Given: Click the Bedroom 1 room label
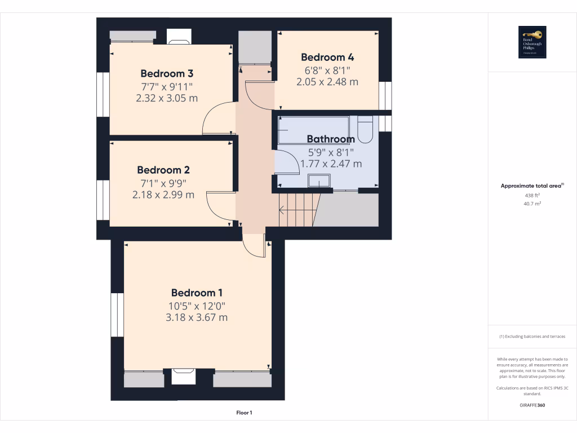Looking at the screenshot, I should point(197,293).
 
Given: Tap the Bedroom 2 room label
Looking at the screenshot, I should point(163,170).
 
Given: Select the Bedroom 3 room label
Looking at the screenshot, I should point(166,73).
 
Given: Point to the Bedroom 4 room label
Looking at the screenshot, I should point(327,57).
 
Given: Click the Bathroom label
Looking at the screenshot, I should point(331,139).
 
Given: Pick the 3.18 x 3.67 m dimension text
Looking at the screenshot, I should point(197,317).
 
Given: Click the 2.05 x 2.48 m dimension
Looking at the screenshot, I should point(327,82).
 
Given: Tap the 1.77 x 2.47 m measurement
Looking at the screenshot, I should point(331,164).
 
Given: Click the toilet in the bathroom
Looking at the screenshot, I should point(365,129).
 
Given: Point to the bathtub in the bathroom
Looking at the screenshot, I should point(313,130).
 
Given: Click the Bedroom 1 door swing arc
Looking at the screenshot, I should point(254,248).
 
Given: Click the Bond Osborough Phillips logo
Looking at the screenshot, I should point(532,42).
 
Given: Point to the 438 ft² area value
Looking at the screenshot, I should point(532,195).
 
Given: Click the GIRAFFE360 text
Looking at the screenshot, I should point(532,405).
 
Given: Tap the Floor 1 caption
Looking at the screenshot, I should point(244,413).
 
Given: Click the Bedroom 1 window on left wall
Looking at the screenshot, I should point(117,315).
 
